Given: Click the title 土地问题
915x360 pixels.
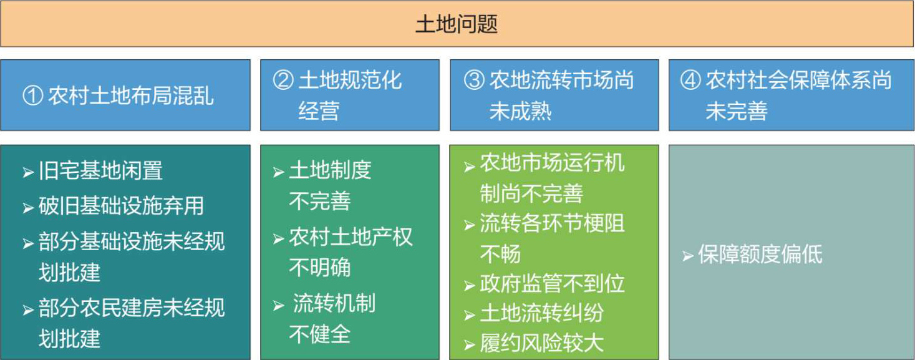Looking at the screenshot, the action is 457,24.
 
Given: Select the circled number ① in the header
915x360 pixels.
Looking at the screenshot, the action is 33,95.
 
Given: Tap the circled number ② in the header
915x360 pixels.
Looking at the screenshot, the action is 283,80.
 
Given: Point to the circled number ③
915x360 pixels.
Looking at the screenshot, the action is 474,80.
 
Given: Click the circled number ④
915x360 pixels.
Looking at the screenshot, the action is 690,80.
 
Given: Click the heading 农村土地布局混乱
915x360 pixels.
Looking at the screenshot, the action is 131,96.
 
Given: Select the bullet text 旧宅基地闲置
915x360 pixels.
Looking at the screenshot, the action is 100,170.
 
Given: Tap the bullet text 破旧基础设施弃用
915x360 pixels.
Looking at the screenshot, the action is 122,205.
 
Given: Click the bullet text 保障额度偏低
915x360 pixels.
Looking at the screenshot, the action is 760,254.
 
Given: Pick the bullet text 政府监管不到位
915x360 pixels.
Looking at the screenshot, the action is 552,284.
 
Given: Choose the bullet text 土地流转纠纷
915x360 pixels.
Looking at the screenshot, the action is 541,313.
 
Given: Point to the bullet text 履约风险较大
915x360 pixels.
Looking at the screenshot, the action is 541,343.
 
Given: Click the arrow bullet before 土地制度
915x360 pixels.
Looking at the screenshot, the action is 279,172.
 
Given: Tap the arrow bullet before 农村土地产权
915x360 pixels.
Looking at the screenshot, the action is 279,239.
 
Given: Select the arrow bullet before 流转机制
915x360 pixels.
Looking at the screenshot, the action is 279,306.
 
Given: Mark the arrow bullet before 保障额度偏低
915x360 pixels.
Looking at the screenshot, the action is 688,256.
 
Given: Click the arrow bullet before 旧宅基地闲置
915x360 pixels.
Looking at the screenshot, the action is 28,172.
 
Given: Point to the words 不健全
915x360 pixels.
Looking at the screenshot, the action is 320,334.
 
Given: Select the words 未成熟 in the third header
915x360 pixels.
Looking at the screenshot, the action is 520,111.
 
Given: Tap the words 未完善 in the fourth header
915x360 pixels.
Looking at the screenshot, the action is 737,111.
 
